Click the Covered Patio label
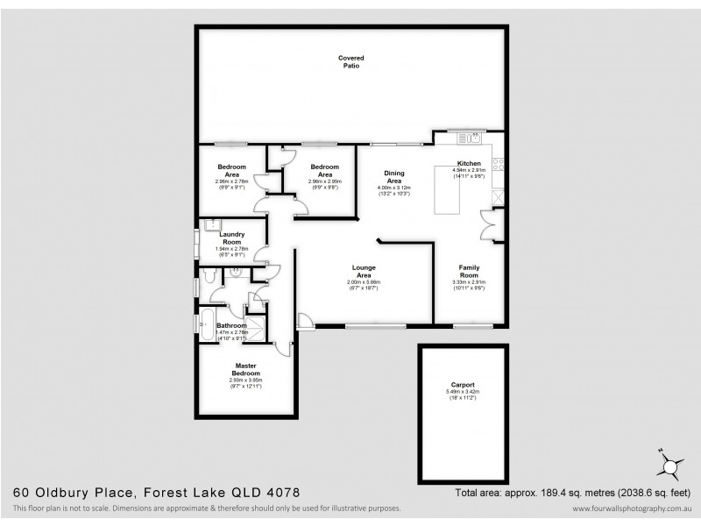click(x=350, y=61)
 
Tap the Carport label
click(x=462, y=385)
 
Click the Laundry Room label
click(x=232, y=238)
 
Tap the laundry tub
click(x=208, y=224)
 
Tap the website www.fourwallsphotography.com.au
click(x=634, y=509)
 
